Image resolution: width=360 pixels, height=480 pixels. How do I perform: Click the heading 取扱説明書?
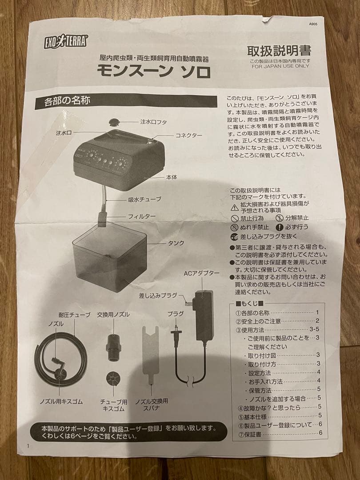279,50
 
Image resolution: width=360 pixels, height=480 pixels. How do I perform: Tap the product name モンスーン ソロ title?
153,71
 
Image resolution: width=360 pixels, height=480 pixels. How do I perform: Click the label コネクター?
188,135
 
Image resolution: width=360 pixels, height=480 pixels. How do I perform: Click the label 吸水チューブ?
144,200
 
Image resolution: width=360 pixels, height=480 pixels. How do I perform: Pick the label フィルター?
142,216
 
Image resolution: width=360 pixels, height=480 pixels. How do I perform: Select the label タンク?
176,243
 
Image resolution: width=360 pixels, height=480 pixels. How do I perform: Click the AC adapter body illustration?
203,315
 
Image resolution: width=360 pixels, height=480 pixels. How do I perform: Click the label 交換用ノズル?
113,314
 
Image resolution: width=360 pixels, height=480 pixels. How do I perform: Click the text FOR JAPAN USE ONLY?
280,66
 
